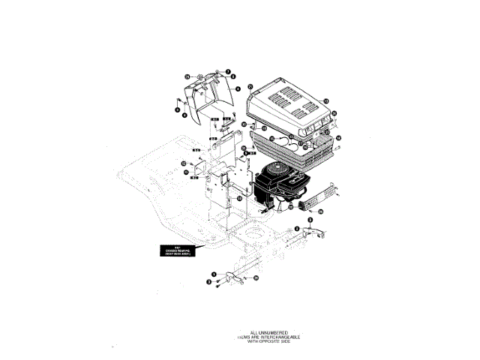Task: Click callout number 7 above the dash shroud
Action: coord(228,71)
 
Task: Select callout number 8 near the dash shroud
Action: coord(233,76)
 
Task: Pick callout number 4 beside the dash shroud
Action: coord(237,88)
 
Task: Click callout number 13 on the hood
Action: coord(326,100)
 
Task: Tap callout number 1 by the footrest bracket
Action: coord(214,274)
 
